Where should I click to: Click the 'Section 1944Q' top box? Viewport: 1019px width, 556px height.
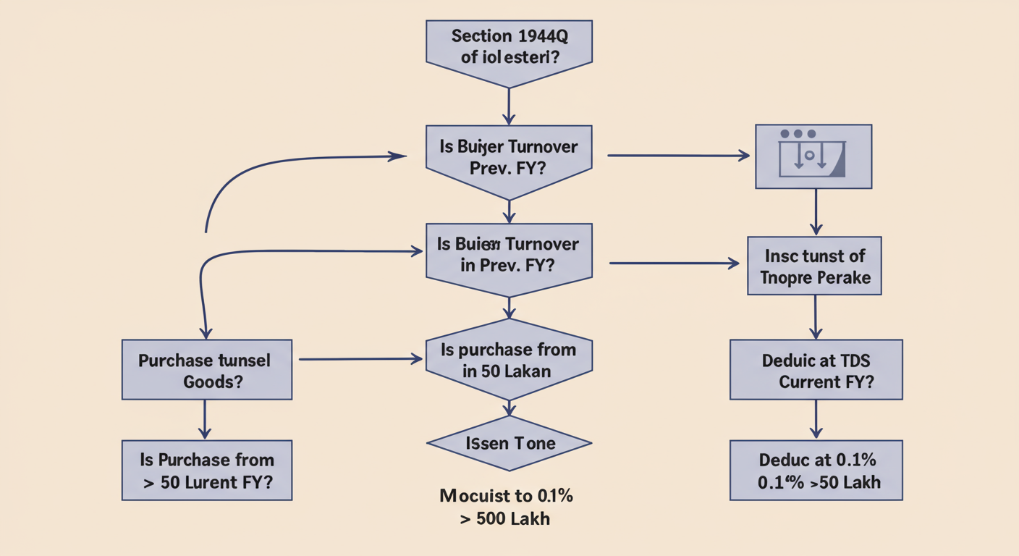(x=509, y=47)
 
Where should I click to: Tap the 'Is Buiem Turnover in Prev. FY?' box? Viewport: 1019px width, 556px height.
(x=509, y=255)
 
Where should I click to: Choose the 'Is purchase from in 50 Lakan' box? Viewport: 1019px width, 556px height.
(x=509, y=360)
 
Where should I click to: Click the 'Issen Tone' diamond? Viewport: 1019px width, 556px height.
(x=509, y=443)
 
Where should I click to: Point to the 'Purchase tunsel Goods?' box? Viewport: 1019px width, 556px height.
(x=206, y=370)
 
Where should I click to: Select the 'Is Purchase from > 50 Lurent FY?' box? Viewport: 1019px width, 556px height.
(x=206, y=471)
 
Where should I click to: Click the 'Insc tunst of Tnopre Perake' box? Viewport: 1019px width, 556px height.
(x=814, y=266)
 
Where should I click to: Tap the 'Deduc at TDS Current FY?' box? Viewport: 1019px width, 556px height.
(x=816, y=370)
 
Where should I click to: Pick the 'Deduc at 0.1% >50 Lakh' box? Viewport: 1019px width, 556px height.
(x=816, y=471)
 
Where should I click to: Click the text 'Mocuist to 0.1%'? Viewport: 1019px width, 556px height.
(x=507, y=497)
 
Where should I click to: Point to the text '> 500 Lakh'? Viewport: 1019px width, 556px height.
(x=504, y=519)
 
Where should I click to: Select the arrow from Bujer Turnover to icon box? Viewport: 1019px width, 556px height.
(x=677, y=156)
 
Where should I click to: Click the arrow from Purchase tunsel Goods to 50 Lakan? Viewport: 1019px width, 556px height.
(x=360, y=358)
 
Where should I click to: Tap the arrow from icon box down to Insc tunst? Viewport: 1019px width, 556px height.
(x=816, y=211)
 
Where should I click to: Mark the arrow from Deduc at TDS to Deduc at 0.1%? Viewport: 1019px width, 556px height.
(x=816, y=419)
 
